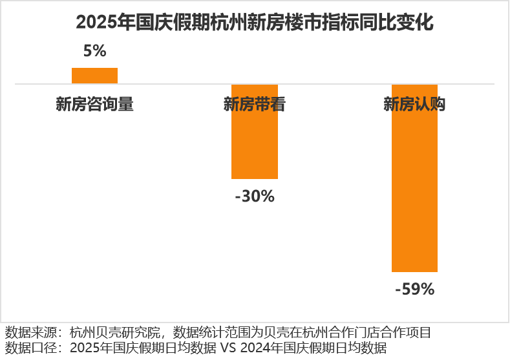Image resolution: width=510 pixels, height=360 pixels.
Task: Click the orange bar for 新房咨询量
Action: pyautogui.click(x=94, y=76)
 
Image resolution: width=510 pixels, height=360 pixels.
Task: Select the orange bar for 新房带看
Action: pyautogui.click(x=255, y=131)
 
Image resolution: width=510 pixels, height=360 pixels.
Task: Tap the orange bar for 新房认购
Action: pyautogui.click(x=414, y=178)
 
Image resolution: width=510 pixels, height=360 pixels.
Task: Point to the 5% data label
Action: pyautogui.click(x=94, y=51)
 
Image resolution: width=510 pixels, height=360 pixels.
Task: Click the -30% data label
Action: pyautogui.click(x=255, y=195)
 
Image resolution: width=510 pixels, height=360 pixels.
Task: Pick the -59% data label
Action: pyautogui.click(x=414, y=289)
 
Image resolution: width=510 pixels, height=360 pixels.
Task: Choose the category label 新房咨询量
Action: pyautogui.click(x=94, y=105)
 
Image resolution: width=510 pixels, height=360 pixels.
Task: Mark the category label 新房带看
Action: pyautogui.click(x=255, y=105)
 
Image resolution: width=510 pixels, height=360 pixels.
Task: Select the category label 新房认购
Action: pyautogui.click(x=414, y=105)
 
